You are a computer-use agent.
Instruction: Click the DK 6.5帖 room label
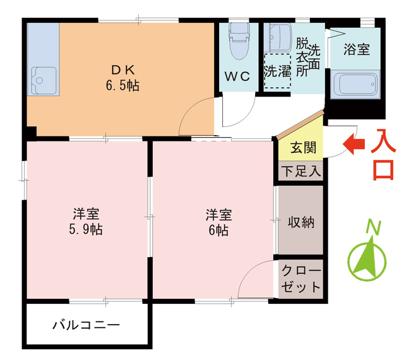[122, 76]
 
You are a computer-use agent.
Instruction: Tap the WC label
[237, 76]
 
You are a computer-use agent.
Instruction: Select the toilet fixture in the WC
[238, 42]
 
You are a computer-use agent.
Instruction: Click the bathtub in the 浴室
[355, 83]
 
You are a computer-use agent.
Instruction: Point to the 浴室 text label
[356, 50]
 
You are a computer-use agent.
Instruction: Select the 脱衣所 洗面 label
[308, 57]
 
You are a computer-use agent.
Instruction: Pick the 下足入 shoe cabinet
[300, 171]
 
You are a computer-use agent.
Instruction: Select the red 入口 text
[383, 155]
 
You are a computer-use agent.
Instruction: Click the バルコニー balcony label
[86, 326]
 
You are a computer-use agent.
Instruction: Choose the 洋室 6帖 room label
[218, 221]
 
